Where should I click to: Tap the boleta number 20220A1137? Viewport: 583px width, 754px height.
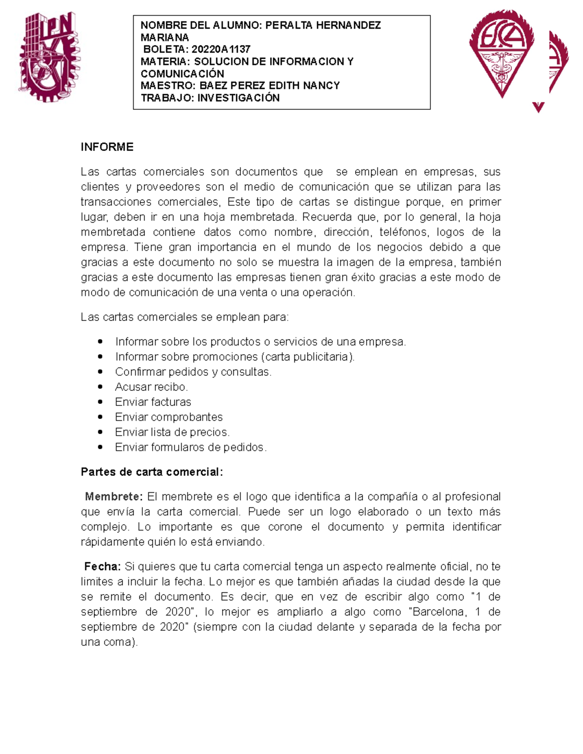pos(221,50)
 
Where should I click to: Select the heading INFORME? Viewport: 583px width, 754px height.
pos(107,147)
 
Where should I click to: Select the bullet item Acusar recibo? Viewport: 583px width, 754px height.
pos(151,387)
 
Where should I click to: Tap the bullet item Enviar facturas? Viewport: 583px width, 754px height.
pos(153,402)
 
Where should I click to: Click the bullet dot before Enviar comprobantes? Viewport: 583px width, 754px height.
pos(100,417)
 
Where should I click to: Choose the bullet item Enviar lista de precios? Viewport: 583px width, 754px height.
pos(172,432)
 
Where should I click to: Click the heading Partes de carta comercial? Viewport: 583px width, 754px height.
pos(152,472)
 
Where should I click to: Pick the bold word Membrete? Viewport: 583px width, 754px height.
pos(114,497)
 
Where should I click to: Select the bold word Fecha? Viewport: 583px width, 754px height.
pos(103,567)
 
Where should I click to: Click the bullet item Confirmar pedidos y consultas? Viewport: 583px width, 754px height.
pos(193,372)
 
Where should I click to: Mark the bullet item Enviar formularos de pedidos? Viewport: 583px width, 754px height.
pos(190,447)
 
